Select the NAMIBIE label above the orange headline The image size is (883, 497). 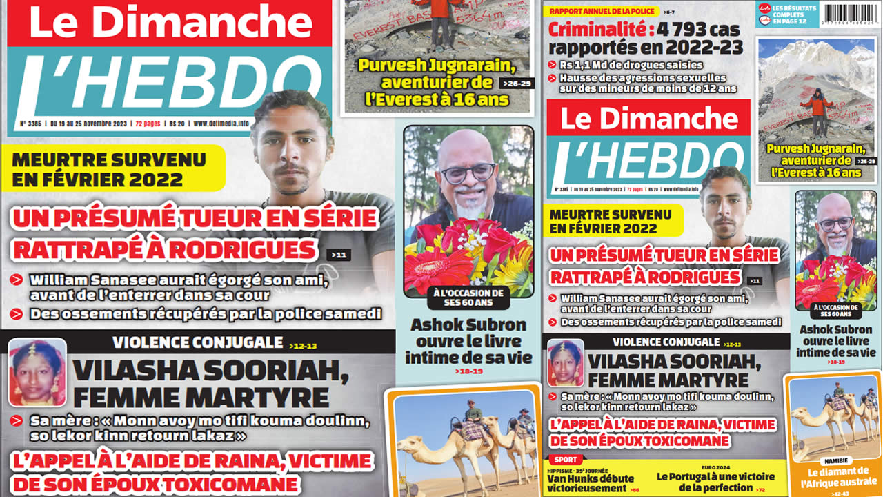[834, 460]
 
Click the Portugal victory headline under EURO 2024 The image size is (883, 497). [715, 482]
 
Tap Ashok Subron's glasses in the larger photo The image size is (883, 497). [467, 173]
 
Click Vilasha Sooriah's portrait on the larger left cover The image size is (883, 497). [37, 372]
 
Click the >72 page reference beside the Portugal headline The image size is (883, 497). [762, 489]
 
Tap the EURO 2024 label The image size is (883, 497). [715, 467]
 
